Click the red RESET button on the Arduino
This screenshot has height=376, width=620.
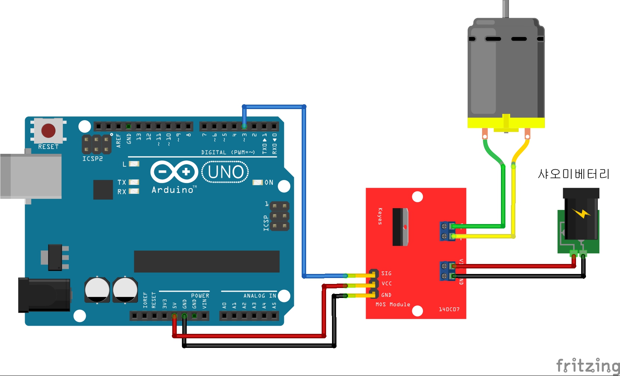(x=48, y=131)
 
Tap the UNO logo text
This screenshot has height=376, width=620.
(x=226, y=172)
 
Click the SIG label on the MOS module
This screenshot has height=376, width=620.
(x=386, y=274)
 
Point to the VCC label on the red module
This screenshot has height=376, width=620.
(x=387, y=284)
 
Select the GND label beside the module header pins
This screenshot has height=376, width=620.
(x=386, y=295)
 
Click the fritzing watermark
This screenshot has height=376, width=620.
(x=587, y=366)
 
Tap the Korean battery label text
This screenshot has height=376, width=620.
(x=573, y=174)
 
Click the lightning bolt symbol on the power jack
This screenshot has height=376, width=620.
(x=581, y=213)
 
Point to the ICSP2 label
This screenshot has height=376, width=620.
(x=92, y=159)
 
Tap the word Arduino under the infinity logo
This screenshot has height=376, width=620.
(x=173, y=190)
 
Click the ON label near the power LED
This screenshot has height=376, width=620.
(x=269, y=183)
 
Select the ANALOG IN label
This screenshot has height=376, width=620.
(x=260, y=296)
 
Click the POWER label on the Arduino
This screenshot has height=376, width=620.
(x=200, y=296)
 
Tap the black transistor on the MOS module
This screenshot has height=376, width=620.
(x=400, y=227)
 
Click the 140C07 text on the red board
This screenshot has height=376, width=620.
(x=449, y=309)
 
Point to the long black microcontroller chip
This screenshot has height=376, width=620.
(x=207, y=261)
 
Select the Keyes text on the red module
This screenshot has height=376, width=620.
(x=380, y=216)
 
